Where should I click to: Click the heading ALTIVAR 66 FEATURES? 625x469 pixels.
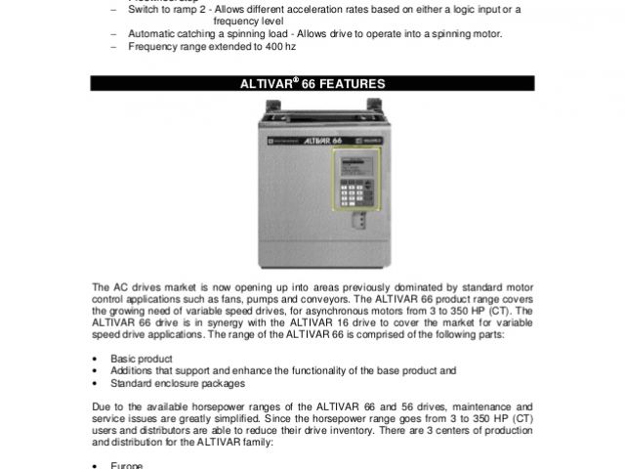click(312, 85)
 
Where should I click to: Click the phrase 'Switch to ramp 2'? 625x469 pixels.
click(162, 9)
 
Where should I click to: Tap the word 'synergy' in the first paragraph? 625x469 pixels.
click(204, 321)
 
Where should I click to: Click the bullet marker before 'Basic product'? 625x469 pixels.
click(93, 359)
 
